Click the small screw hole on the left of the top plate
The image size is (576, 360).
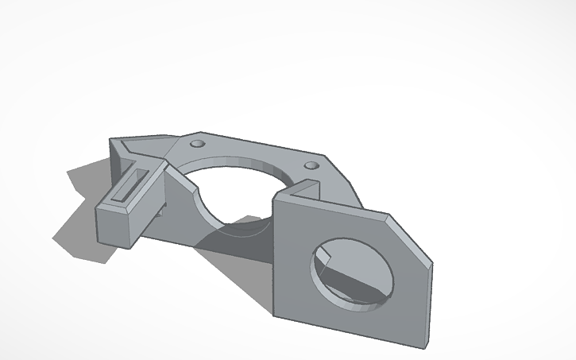pyautogui.click(x=197, y=143)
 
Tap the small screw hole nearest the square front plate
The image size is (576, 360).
pyautogui.click(x=311, y=166)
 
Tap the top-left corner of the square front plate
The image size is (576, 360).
pyautogui.click(x=275, y=199)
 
